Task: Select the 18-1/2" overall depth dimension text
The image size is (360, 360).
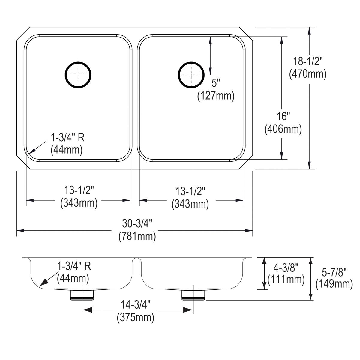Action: coord(308,62)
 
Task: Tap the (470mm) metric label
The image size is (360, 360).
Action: coord(308,74)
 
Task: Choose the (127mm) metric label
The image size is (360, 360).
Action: coord(215,96)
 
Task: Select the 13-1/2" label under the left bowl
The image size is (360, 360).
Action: coord(79,190)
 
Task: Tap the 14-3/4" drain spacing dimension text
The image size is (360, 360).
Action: coord(136,304)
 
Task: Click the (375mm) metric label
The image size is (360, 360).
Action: coord(136,317)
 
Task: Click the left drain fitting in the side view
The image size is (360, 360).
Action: coord(82,295)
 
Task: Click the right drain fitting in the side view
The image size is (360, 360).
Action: coord(193,295)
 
